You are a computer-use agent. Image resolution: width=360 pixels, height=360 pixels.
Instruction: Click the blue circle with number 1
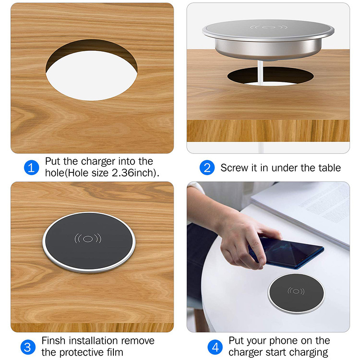pos(31,168)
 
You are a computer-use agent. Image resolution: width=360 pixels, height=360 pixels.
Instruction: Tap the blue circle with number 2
pos(207,168)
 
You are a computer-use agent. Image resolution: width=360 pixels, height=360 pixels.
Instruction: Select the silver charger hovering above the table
pos(269,40)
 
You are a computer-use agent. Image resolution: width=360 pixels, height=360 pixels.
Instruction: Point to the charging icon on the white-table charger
pos(296,291)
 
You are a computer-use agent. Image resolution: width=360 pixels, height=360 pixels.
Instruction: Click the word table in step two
pos(328,168)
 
